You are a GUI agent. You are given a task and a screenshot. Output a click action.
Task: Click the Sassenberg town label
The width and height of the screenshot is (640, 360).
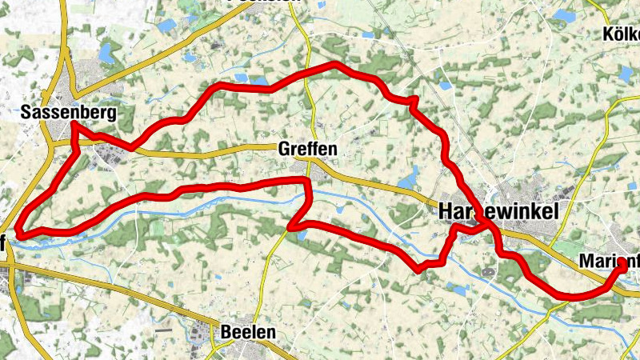point(68,113)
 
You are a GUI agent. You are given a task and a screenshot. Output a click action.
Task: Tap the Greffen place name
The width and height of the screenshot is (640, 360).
point(302,150)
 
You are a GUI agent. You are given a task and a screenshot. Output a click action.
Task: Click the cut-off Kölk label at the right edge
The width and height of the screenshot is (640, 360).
point(622,35)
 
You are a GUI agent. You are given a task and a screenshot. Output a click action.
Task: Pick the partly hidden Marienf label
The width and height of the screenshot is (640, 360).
point(608,261)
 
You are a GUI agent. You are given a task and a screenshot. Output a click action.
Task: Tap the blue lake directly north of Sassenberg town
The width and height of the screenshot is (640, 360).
point(105,53)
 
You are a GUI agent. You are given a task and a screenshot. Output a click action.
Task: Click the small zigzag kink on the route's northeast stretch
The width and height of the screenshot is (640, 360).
point(413,102)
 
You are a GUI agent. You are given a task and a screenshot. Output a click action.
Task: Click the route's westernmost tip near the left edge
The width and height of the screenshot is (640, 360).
point(18,234)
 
